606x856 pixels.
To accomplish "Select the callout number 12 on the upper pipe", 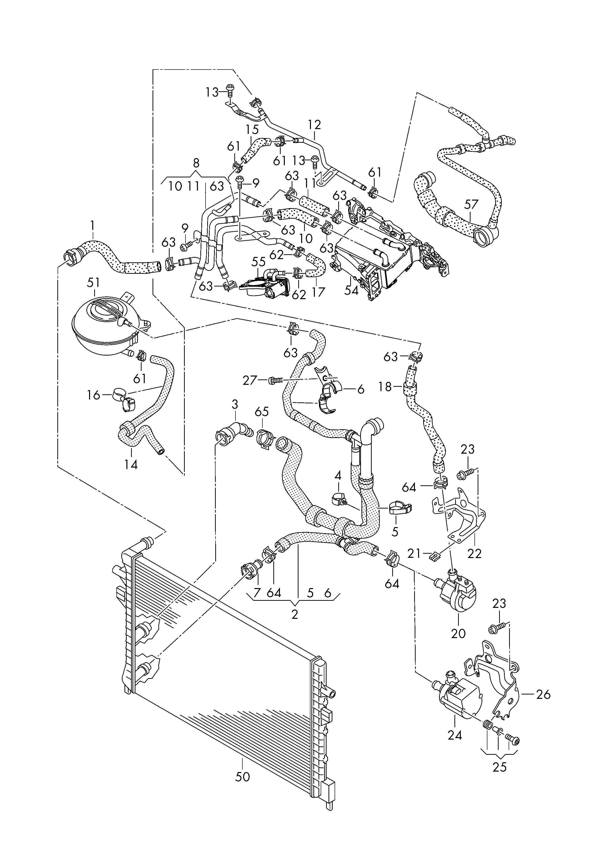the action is click(315, 125).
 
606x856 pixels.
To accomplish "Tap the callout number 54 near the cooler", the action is click(351, 290).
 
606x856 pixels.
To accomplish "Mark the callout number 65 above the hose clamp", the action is click(262, 413).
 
